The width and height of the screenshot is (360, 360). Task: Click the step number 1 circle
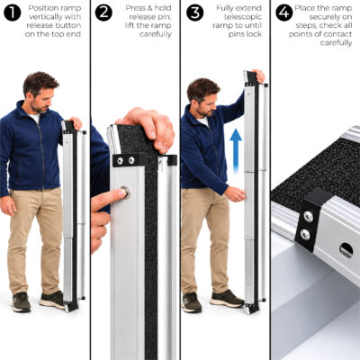tap(13, 13)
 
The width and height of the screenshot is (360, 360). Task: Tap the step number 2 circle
tap(103, 13)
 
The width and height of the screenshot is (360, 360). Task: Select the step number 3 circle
tap(194, 13)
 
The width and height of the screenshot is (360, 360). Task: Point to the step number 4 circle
tap(284, 13)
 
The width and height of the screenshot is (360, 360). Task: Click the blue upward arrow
tap(236, 150)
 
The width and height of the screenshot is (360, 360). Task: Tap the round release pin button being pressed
tap(125, 192)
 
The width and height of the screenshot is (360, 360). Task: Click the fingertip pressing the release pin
tap(119, 194)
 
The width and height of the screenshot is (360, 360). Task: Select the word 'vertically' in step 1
tap(44, 17)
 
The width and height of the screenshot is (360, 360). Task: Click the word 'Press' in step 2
tap(135, 8)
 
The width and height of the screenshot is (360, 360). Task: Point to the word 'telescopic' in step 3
tap(243, 17)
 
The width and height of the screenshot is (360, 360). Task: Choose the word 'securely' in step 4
tap(327, 17)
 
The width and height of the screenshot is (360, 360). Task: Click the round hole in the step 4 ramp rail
tap(346, 249)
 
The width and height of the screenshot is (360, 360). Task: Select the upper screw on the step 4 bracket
tap(308, 216)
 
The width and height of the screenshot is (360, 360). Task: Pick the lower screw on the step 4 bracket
tap(305, 234)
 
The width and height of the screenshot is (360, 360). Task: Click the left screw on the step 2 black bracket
tap(120, 161)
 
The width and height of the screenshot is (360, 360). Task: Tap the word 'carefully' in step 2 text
tap(156, 34)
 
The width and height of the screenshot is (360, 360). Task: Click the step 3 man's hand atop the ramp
tap(258, 76)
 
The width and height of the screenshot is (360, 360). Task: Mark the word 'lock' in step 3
tap(255, 34)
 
